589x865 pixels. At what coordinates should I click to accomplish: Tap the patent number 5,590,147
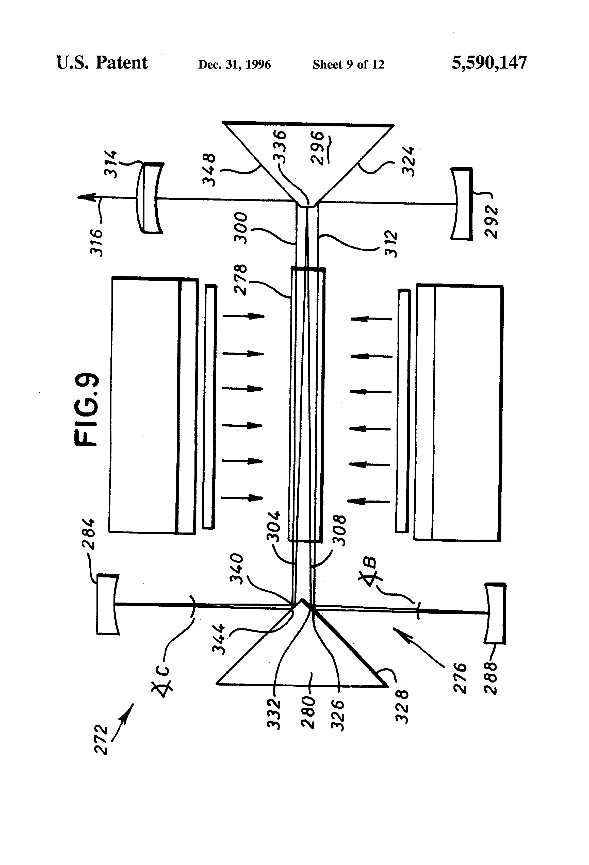coord(489,63)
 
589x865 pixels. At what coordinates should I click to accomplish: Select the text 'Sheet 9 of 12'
coord(349,65)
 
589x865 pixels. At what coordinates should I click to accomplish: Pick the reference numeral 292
coord(491,222)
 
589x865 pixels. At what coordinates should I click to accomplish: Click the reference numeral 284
coord(89,534)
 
